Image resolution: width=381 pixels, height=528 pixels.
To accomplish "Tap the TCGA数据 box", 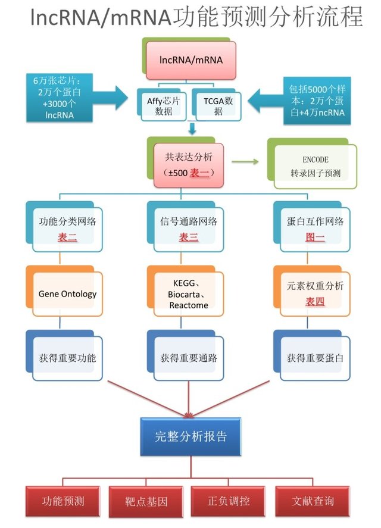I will pos(218,105).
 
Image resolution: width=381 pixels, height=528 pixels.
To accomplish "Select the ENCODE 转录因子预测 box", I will pos(315,167).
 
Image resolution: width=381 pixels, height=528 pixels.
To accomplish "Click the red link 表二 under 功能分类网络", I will pos(67,238).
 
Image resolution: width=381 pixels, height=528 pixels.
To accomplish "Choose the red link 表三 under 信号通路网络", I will pos(189,238).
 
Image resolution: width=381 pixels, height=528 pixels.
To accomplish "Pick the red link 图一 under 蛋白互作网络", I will pos(315,238).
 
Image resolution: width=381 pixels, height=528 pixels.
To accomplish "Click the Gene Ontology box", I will pos(67,293).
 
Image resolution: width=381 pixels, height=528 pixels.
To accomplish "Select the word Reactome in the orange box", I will pos(188,305).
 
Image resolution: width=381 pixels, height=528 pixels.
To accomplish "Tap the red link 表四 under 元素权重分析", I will pos(315,302).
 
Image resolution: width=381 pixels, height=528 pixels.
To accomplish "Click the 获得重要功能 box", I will pos(67,358).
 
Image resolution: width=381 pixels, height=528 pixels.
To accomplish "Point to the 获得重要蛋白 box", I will pos(315,358).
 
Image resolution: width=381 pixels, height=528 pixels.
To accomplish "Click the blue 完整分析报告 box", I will pos(191,436).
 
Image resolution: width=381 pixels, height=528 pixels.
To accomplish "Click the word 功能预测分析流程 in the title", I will pos(268,18).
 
